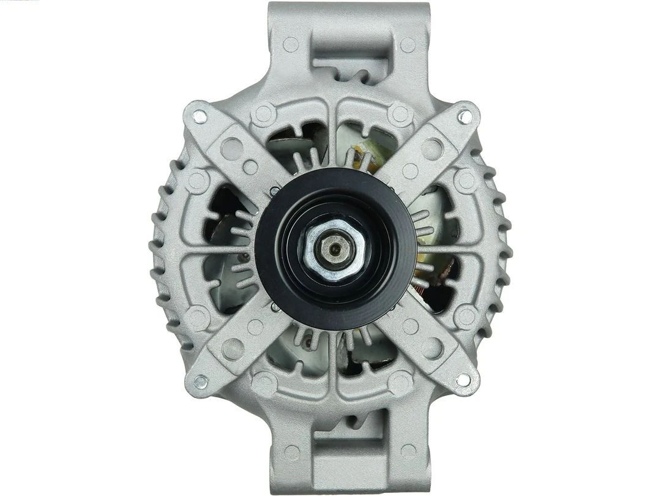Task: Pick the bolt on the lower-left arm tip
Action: point(200,381)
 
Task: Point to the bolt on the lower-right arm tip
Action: point(463,380)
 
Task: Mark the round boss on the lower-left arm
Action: point(232,348)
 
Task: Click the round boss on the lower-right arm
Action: point(432,348)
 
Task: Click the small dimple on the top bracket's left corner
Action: point(291,44)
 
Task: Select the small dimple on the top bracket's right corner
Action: point(408,44)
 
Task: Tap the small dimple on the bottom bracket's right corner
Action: point(408,452)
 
